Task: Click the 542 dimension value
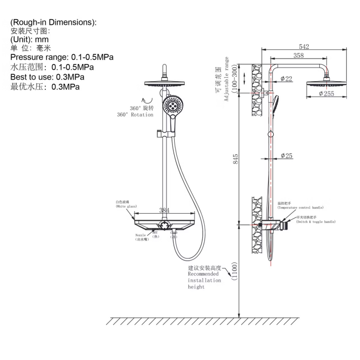pos(304,47)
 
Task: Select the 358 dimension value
pos(299,56)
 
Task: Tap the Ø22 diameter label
pos(286,79)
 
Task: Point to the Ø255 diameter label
pos(327,93)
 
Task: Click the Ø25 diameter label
pos(286,156)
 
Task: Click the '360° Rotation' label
pos(135,115)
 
